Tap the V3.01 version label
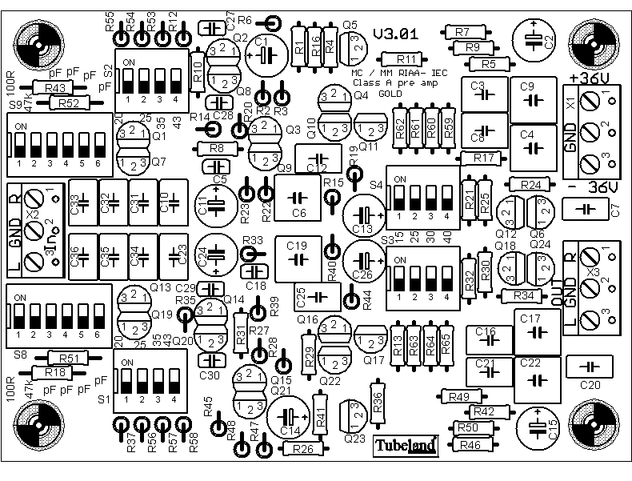pos(395,35)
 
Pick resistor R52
pos(68,102)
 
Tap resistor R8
pos(216,149)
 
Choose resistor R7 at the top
pos(462,32)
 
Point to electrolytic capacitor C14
pos(290,416)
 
